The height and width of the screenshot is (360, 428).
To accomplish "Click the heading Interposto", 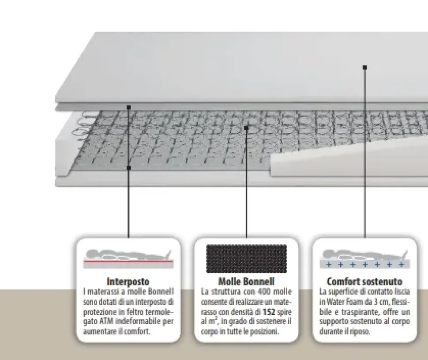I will pyautogui.click(x=128, y=281).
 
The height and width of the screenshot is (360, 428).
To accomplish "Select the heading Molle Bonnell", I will pyautogui.click(x=246, y=281).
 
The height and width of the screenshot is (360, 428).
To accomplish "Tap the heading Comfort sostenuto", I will pyautogui.click(x=364, y=281).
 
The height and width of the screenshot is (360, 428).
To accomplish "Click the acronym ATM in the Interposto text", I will pyautogui.click(x=108, y=322).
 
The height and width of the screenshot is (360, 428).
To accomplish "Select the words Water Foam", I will pyautogui.click(x=343, y=302).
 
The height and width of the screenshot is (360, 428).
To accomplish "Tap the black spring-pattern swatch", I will pyautogui.click(x=246, y=258).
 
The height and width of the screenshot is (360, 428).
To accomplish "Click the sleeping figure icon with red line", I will pyautogui.click(x=128, y=258).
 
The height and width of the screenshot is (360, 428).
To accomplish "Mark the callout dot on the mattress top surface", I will pyautogui.click(x=364, y=68).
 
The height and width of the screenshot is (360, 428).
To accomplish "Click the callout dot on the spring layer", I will pyautogui.click(x=246, y=128).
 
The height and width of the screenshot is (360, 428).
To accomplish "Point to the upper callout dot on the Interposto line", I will pyautogui.click(x=128, y=107).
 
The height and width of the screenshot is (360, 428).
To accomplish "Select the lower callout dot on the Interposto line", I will pyautogui.click(x=128, y=167).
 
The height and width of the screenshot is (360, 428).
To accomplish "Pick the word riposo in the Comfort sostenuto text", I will pyautogui.click(x=360, y=332).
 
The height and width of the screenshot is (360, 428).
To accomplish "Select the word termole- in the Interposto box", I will pyautogui.click(x=160, y=311).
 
